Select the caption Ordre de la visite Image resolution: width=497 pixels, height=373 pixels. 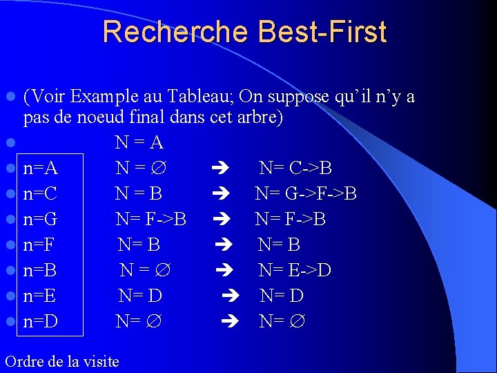61,361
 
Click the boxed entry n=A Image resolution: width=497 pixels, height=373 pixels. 40,169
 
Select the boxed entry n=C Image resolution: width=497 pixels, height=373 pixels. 40,194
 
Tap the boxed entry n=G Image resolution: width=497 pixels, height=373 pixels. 40,220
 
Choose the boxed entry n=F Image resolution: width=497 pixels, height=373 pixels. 39,245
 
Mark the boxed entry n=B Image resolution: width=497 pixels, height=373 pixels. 40,270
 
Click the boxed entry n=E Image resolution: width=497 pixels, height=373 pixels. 39,296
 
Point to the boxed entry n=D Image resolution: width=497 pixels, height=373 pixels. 40,321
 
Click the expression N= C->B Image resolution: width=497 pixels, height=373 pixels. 295,169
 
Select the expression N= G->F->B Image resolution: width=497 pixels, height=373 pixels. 306,194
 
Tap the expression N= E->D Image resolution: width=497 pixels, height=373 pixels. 295,270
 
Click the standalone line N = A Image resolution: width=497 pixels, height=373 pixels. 139,143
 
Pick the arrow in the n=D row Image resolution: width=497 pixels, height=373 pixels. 232,321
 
